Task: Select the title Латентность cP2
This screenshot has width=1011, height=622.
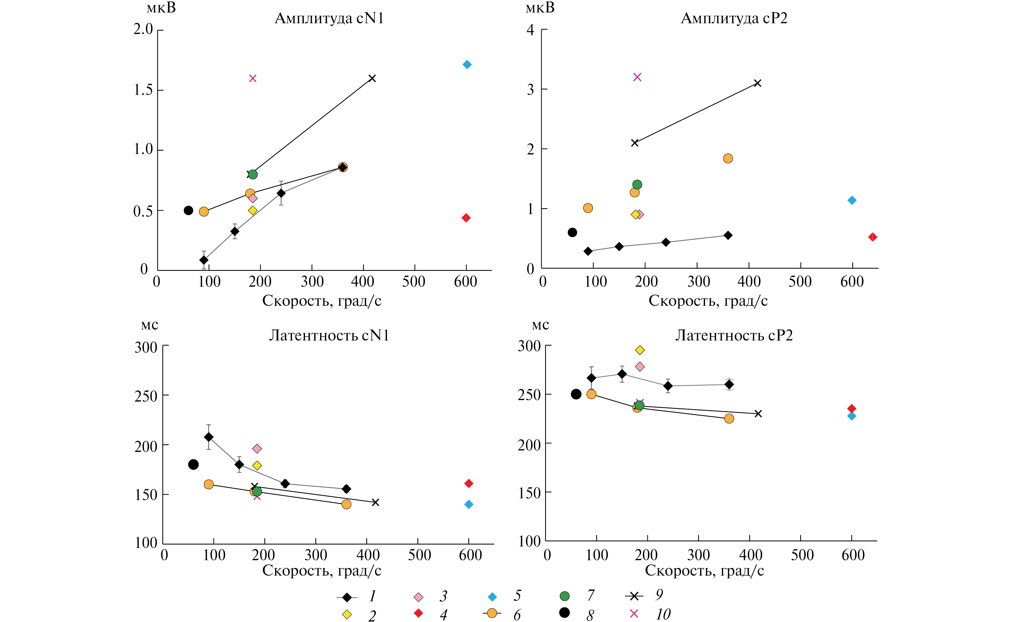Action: pyautogui.click(x=734, y=336)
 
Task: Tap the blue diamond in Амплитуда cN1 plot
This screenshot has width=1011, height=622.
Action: pyautogui.click(x=467, y=65)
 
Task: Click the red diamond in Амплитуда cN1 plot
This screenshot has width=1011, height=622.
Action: pyautogui.click(x=466, y=218)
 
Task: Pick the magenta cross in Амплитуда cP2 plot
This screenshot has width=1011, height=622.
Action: pyautogui.click(x=637, y=77)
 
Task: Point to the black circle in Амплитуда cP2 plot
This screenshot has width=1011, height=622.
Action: pyautogui.click(x=572, y=232)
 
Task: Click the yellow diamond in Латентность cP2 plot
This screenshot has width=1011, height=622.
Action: pyautogui.click(x=640, y=350)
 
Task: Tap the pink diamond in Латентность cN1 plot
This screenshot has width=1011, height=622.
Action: pyautogui.click(x=257, y=448)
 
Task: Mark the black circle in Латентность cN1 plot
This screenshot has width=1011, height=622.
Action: pyautogui.click(x=193, y=464)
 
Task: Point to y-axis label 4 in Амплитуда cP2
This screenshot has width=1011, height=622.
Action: pyautogui.click(x=531, y=30)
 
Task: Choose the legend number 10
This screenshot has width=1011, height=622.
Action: pyautogui.click(x=663, y=614)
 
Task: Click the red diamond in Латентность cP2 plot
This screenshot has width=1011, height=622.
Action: pyautogui.click(x=852, y=408)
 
